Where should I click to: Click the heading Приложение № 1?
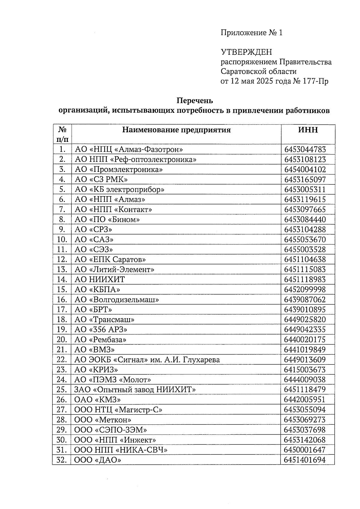(251, 33)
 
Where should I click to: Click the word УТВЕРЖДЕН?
(246, 52)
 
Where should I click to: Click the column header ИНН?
(308, 130)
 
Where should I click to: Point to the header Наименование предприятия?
(176, 130)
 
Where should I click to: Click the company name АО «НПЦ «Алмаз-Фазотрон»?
(129, 149)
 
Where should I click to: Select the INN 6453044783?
(305, 149)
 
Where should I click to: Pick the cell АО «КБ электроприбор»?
(119, 190)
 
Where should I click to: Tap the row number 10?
(61, 240)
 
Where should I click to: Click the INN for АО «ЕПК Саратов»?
(305, 259)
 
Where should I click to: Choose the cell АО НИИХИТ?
(99, 280)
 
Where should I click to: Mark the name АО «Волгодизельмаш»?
(117, 300)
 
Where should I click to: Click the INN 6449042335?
(305, 330)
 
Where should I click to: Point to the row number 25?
(61, 390)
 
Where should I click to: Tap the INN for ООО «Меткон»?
(305, 420)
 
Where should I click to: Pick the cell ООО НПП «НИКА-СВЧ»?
(121, 450)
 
